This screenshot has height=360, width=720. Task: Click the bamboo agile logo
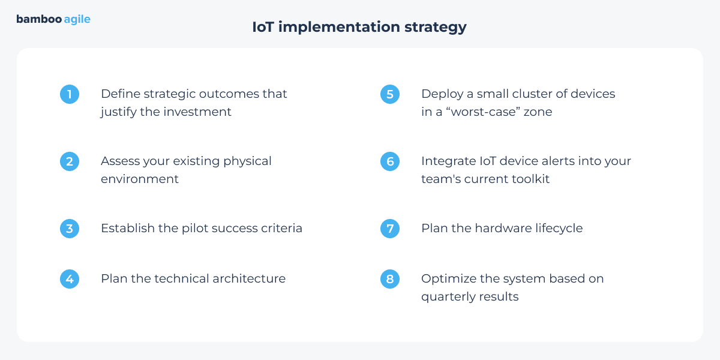tap(53, 19)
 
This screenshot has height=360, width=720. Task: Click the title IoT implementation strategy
tap(359, 27)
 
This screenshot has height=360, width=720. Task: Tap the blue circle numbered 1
tap(70, 94)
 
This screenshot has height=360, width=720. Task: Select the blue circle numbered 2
tap(70, 161)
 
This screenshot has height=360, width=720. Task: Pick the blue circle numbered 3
tap(70, 229)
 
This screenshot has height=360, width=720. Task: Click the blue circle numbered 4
tap(70, 279)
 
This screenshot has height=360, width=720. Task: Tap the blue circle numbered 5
tap(390, 94)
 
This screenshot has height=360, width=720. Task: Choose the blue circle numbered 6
tap(390, 161)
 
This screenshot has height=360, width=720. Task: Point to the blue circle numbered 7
tap(390, 229)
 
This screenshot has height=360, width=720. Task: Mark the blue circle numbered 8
tap(390, 279)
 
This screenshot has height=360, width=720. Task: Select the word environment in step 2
tap(139, 179)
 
